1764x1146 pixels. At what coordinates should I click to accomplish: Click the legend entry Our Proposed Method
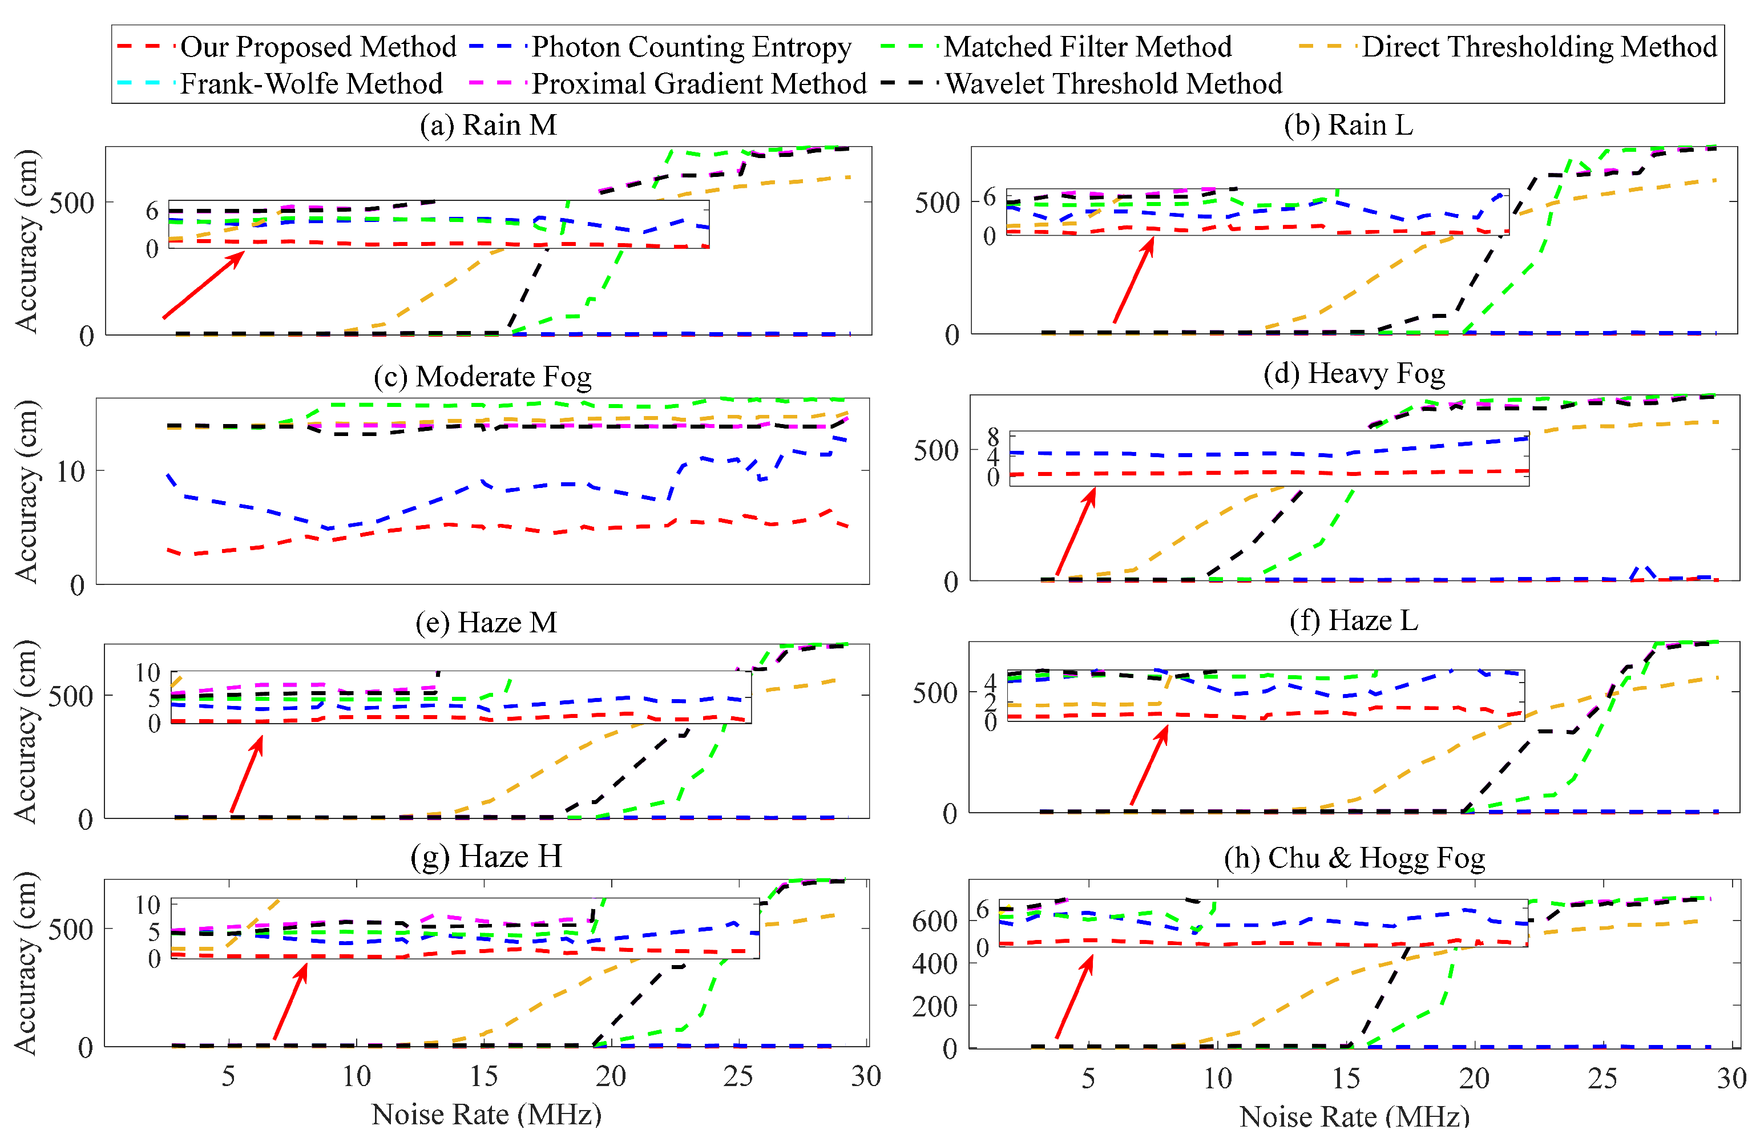[318, 47]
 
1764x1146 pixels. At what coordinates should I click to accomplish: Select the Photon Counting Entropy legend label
[691, 47]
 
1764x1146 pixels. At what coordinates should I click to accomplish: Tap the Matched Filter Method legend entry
[1087, 47]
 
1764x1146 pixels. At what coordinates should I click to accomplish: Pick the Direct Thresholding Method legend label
[1539, 47]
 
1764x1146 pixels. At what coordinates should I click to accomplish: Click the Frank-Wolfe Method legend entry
[311, 83]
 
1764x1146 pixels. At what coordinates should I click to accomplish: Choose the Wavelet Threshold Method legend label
[1113, 83]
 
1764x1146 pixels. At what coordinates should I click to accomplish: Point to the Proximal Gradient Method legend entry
[699, 83]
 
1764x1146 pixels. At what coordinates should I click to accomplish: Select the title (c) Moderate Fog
[482, 377]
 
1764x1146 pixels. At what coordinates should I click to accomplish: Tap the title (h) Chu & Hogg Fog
[1354, 858]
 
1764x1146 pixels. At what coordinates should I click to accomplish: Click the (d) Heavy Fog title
[1353, 373]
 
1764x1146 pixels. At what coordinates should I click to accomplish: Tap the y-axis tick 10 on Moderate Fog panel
[71, 471]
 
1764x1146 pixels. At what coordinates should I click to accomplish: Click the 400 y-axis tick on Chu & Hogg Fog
[935, 963]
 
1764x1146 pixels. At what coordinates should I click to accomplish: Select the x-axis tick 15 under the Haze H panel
[484, 1076]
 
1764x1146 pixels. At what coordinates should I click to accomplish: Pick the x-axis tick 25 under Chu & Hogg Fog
[1602, 1079]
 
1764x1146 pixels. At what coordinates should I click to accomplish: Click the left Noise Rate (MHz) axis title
[486, 1114]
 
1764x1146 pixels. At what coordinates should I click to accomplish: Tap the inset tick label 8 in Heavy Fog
[993, 436]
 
